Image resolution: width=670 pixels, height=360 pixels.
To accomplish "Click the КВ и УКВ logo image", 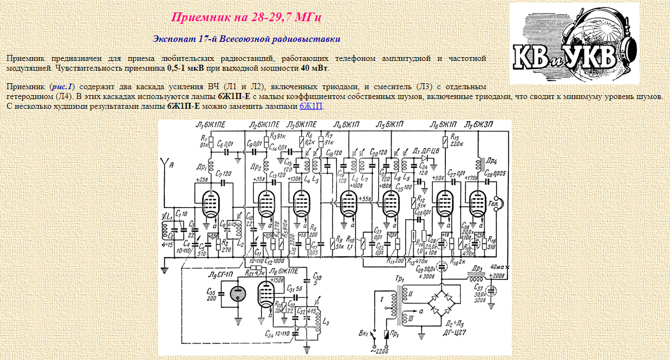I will point(574,43).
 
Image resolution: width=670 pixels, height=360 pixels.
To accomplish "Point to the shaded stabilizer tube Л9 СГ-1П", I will point(238,294).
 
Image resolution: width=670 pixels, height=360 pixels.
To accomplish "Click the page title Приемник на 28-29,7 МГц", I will point(246,17).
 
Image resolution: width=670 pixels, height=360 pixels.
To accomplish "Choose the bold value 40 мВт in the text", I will point(314,69).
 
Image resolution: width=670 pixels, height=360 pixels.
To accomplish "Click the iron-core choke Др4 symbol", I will point(479,163).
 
